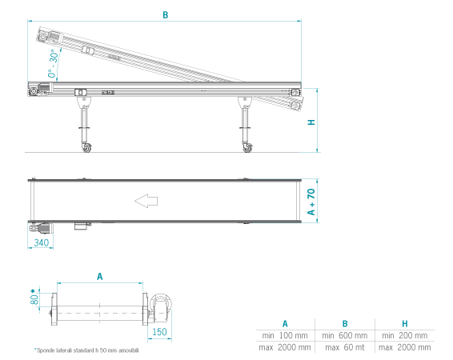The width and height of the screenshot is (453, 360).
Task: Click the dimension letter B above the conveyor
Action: [x=165, y=15]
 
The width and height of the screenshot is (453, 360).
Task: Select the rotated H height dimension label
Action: [x=311, y=122]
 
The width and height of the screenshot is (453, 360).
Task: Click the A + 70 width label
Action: [x=311, y=202]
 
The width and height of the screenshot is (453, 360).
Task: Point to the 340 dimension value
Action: [x=42, y=242]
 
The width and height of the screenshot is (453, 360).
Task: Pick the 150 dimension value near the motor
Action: [x=159, y=332]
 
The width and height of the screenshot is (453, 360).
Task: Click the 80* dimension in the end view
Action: [x=34, y=297]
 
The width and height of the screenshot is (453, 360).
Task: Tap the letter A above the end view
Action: [x=100, y=277]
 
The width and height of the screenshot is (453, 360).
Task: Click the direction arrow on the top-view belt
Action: [x=146, y=201]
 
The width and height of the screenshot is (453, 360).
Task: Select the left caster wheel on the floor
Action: [x=86, y=148]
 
